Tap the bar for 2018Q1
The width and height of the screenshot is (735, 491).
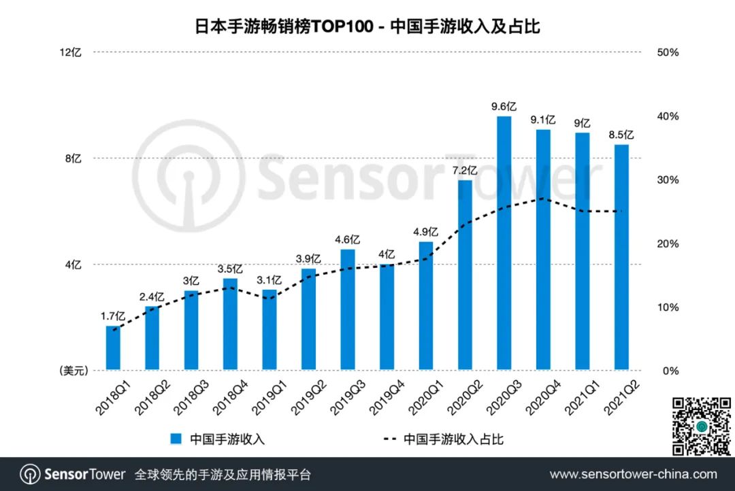coord(113,348)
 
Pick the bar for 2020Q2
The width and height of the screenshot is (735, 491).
coord(465,275)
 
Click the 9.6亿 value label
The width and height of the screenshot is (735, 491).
coord(504,106)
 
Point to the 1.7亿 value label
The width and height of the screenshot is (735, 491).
coord(112,316)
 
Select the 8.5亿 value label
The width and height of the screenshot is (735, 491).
coord(621,135)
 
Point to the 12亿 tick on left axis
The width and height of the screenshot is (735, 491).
coord(71,52)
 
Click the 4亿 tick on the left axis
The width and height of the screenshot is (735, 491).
coord(73,265)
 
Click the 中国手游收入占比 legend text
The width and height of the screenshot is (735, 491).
coord(453,439)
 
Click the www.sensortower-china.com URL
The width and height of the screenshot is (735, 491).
coord(633,474)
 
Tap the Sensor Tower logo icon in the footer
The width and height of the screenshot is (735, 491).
coord(29,474)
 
